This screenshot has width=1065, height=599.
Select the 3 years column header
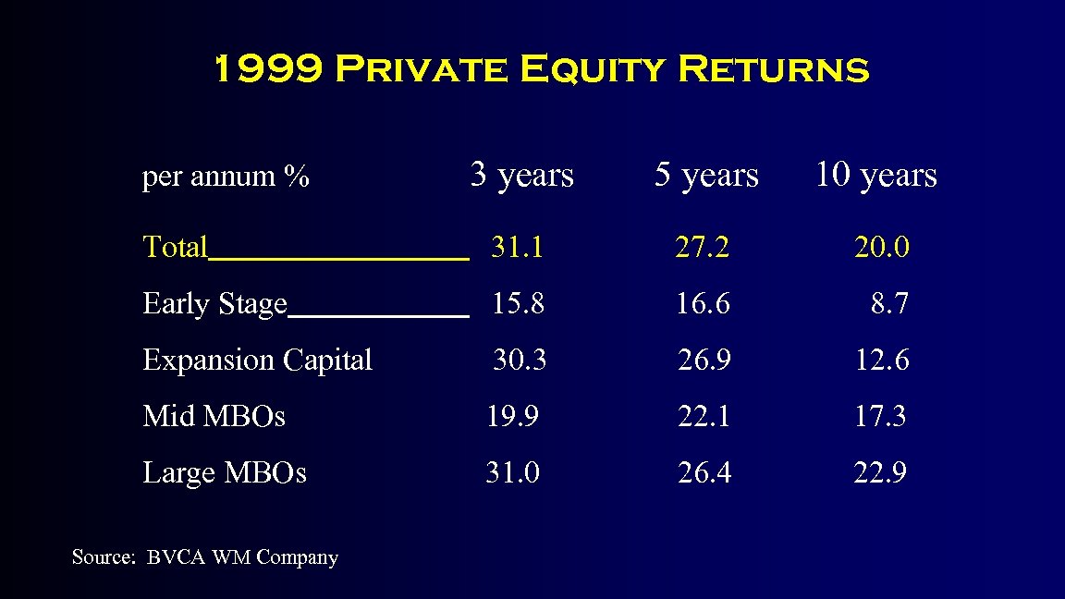click(521, 175)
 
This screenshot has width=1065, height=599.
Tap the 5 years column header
click(706, 175)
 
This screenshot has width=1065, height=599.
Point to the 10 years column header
click(875, 175)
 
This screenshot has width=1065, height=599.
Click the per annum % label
click(226, 177)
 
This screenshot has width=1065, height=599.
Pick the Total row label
click(176, 248)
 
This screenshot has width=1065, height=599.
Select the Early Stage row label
click(214, 304)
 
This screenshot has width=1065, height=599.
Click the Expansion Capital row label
click(257, 361)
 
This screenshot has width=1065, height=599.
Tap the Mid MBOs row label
click(214, 417)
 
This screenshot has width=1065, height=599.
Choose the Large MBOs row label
click(225, 473)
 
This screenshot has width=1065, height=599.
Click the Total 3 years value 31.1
click(517, 248)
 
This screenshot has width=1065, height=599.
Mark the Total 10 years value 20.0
click(881, 248)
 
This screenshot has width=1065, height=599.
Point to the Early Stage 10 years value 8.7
click(889, 304)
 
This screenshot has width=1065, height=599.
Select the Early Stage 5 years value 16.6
click(703, 304)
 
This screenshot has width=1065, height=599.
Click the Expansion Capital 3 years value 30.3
click(520, 361)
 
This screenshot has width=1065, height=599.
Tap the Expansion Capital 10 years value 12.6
click(881, 361)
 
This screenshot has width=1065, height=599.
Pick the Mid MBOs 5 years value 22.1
click(704, 417)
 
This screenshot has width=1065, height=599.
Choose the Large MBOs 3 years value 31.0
click(513, 473)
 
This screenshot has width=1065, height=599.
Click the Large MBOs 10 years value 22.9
click(879, 473)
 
